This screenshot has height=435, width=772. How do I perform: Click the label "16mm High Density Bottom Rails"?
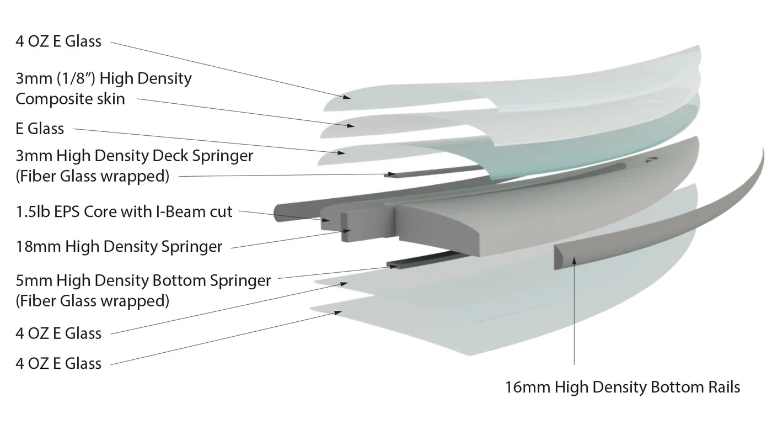point(623,387)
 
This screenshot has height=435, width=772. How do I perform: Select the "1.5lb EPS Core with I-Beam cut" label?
point(124,211)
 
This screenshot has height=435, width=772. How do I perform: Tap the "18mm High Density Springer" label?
point(119,246)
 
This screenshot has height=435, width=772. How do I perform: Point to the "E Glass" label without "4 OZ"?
point(40,129)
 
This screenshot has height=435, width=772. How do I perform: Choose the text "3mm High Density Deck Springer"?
point(135,156)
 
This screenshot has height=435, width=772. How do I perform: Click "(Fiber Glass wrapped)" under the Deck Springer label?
point(92,176)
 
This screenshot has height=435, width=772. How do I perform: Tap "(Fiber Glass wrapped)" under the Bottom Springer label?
point(92,301)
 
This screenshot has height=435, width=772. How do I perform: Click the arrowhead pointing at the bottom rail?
point(573,261)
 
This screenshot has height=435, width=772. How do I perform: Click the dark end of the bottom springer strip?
point(393,266)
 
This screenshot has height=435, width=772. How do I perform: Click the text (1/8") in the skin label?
point(77,78)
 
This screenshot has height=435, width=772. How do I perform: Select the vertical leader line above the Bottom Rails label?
point(574,315)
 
